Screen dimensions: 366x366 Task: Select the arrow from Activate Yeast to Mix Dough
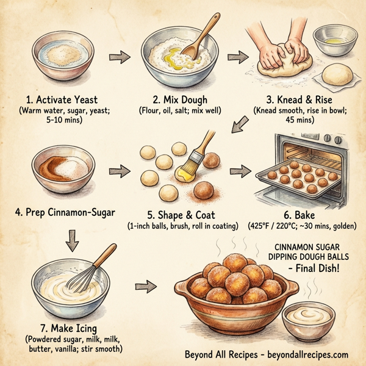pyautogui.click(x=120, y=57)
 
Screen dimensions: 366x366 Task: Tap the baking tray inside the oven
pyautogui.click(x=298, y=178)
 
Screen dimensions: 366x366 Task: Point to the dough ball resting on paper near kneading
pyautogui.click(x=336, y=76)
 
